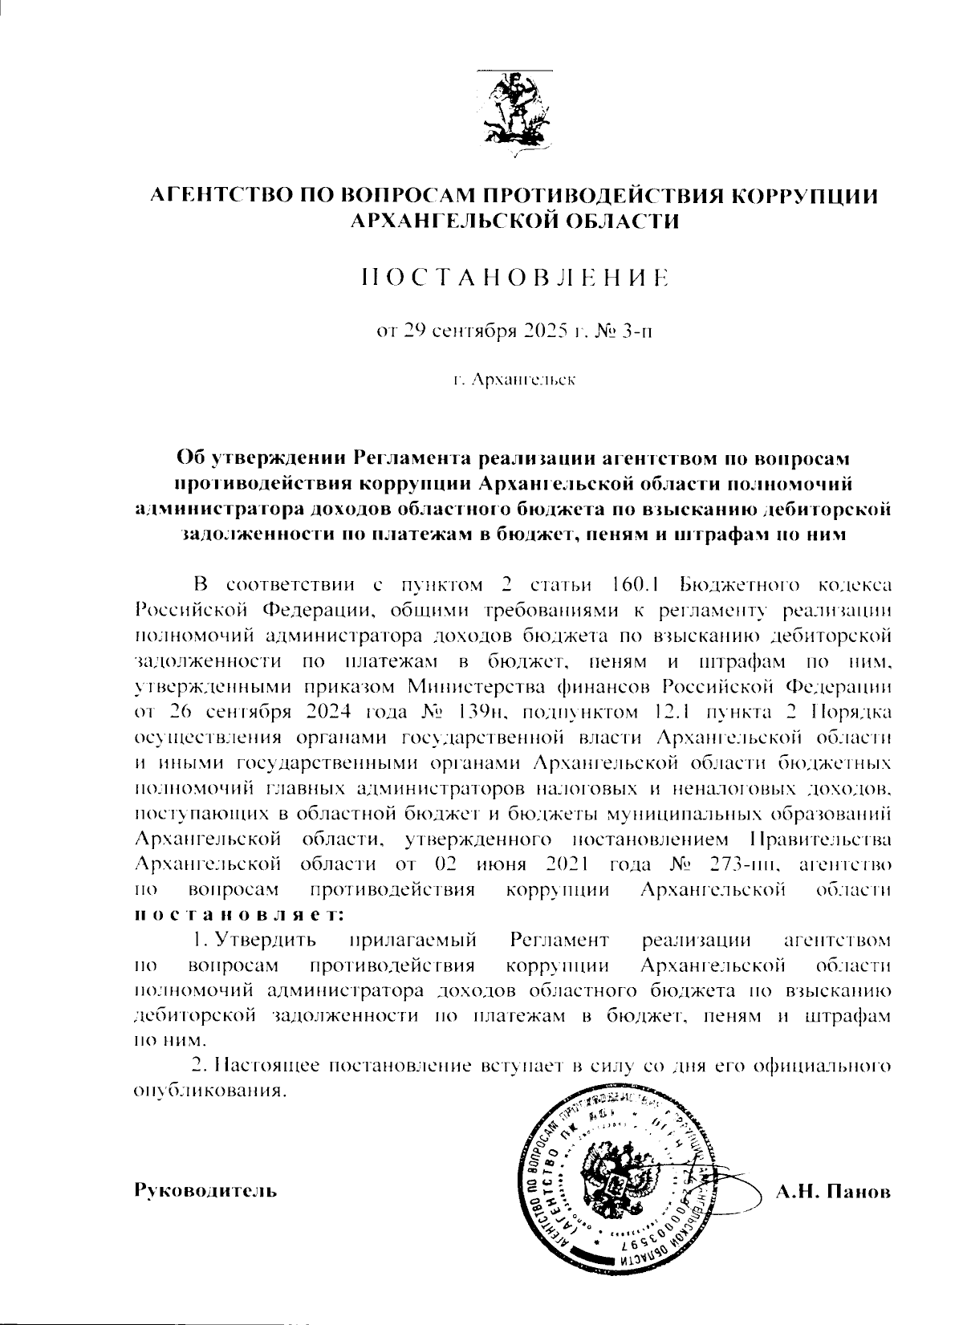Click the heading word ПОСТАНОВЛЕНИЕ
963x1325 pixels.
click(x=514, y=278)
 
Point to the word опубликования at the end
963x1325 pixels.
click(x=206, y=1091)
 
